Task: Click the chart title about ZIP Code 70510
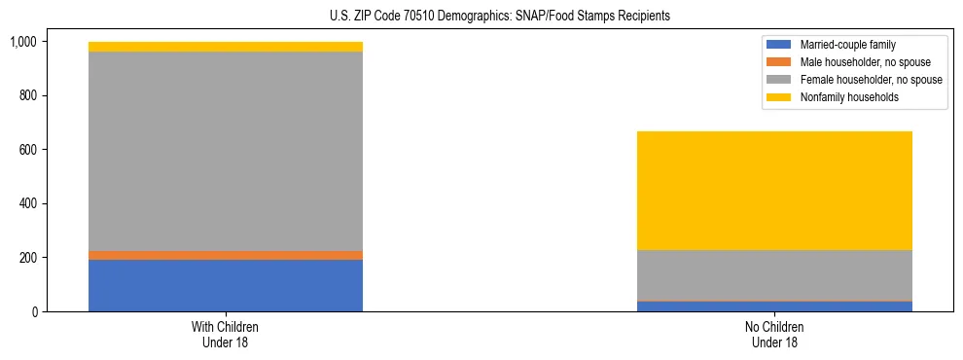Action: point(500,17)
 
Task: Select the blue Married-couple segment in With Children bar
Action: point(226,285)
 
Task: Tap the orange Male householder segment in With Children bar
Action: point(226,255)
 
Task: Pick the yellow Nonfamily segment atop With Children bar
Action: point(226,47)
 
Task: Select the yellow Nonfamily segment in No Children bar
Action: point(774,191)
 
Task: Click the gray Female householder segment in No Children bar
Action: point(774,275)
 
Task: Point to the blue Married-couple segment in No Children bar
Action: point(774,306)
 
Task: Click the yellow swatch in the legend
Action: point(779,97)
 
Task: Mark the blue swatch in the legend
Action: point(779,45)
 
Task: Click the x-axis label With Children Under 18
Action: point(226,335)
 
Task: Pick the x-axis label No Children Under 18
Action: point(774,335)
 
